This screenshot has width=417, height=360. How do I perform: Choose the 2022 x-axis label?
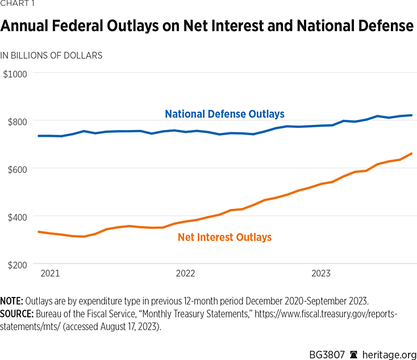[185, 274]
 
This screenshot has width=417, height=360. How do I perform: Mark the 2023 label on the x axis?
[321, 274]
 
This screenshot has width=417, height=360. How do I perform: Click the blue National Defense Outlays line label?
[224, 114]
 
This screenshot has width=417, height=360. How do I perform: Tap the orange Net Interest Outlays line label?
[224, 237]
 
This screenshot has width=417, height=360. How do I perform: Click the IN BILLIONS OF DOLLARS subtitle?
[51, 56]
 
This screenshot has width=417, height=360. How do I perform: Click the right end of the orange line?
[411, 153]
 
